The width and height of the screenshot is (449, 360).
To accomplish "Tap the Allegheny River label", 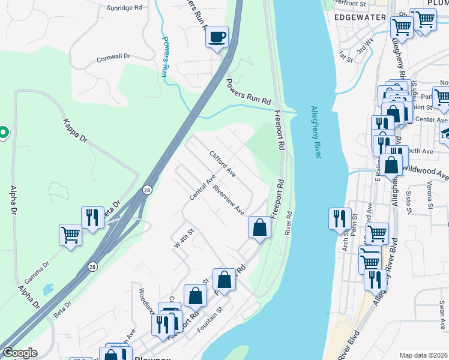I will click(x=316, y=133).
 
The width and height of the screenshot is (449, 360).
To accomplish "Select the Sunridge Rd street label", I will click(x=124, y=8).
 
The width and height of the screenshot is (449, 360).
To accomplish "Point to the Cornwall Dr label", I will click(x=113, y=57).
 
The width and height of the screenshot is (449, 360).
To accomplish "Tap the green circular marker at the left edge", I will click(x=2, y=132).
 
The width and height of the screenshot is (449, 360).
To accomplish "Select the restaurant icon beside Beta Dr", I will click(x=92, y=217).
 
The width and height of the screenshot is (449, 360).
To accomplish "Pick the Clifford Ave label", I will click(x=222, y=163).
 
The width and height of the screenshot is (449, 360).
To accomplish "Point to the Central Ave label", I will click(x=202, y=188).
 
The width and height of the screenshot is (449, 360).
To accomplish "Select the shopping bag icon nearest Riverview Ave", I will click(x=259, y=227).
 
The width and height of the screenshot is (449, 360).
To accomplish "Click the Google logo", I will click(x=20, y=353).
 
